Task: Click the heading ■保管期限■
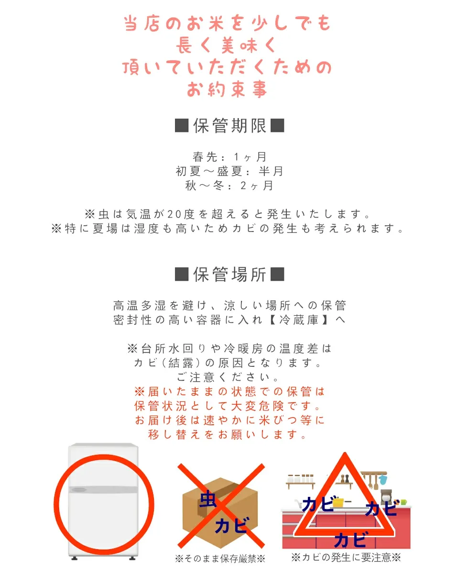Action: (x=229, y=126)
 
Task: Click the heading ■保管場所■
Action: (x=229, y=275)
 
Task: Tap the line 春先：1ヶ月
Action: (x=229, y=157)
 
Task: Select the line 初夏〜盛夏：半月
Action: (x=229, y=171)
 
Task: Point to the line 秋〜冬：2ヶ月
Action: (x=229, y=186)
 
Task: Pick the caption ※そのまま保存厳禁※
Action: (x=220, y=559)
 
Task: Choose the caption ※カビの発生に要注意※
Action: (x=346, y=557)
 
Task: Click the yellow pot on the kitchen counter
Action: (x=338, y=502)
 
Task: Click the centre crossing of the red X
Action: (x=221, y=506)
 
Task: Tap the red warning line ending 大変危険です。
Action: (x=229, y=406)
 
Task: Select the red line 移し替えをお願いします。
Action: (x=229, y=435)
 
